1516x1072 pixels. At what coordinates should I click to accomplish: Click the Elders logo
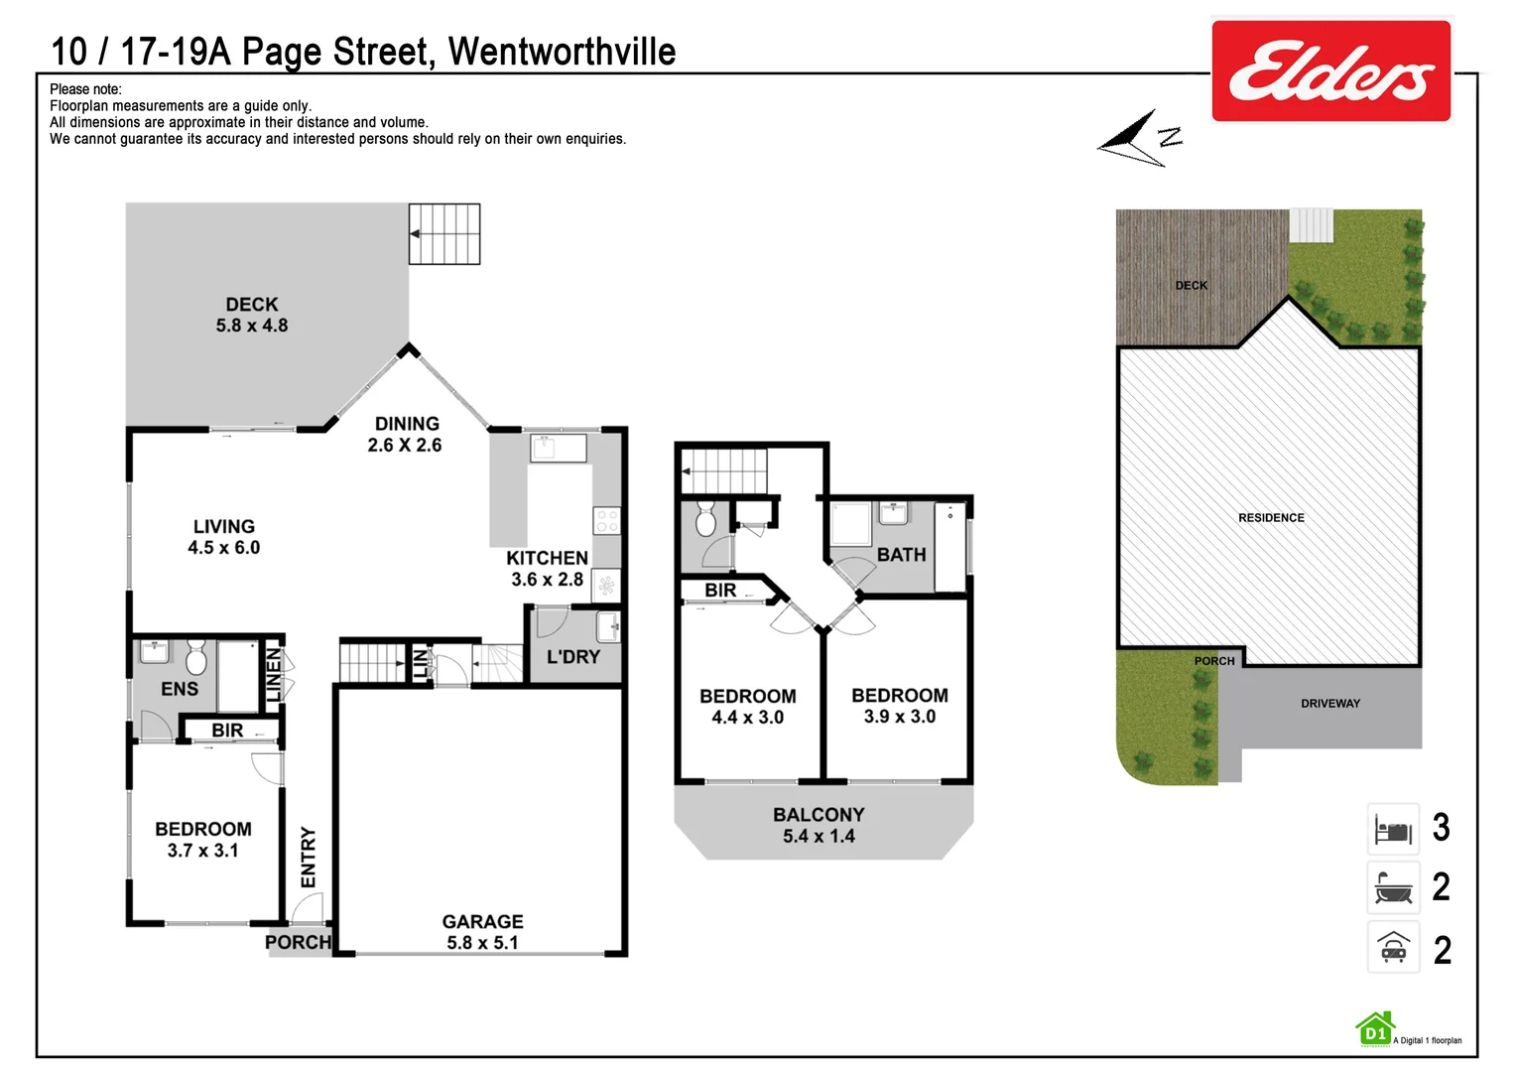pos(1330,71)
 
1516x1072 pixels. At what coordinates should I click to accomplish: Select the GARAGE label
pos(482,921)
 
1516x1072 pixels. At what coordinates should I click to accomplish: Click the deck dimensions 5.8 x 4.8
pos(252,326)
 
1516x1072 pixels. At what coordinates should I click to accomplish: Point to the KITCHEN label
pos(547,558)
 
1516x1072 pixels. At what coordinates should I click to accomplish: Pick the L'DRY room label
pos(573,657)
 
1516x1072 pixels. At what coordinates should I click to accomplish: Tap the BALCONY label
pos(819,814)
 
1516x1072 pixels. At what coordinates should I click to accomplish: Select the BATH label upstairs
pos(901,555)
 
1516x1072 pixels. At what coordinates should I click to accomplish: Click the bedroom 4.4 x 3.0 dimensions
pos(747,718)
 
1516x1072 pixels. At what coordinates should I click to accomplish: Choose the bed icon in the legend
pos(1393,830)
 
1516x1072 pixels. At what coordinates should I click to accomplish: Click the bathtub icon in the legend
pos(1393,887)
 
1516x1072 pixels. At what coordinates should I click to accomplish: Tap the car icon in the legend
pos(1393,948)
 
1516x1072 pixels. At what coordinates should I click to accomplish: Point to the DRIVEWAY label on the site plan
pos(1329,704)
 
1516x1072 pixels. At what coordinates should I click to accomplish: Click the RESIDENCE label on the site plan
pos(1271,518)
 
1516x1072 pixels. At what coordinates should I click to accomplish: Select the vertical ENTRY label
pos(309,857)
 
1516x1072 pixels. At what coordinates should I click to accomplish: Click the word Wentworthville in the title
pos(562,52)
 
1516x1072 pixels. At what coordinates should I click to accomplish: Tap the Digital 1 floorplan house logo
pos(1375,1030)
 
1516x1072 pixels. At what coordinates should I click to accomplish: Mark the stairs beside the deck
pos(444,234)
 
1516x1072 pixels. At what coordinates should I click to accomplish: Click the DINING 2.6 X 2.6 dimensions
pos(405,446)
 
